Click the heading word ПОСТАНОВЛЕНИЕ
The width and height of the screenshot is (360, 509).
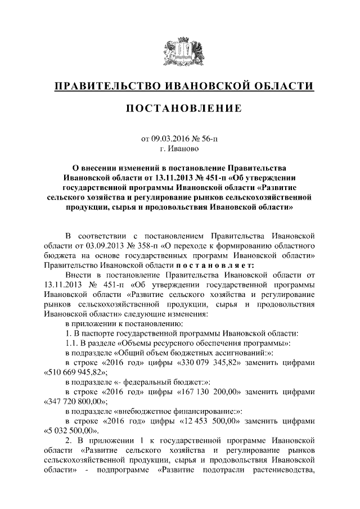[x=180, y=107]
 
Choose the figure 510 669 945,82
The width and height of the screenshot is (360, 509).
[x=74, y=372]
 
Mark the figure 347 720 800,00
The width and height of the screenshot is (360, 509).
[x=74, y=403]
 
